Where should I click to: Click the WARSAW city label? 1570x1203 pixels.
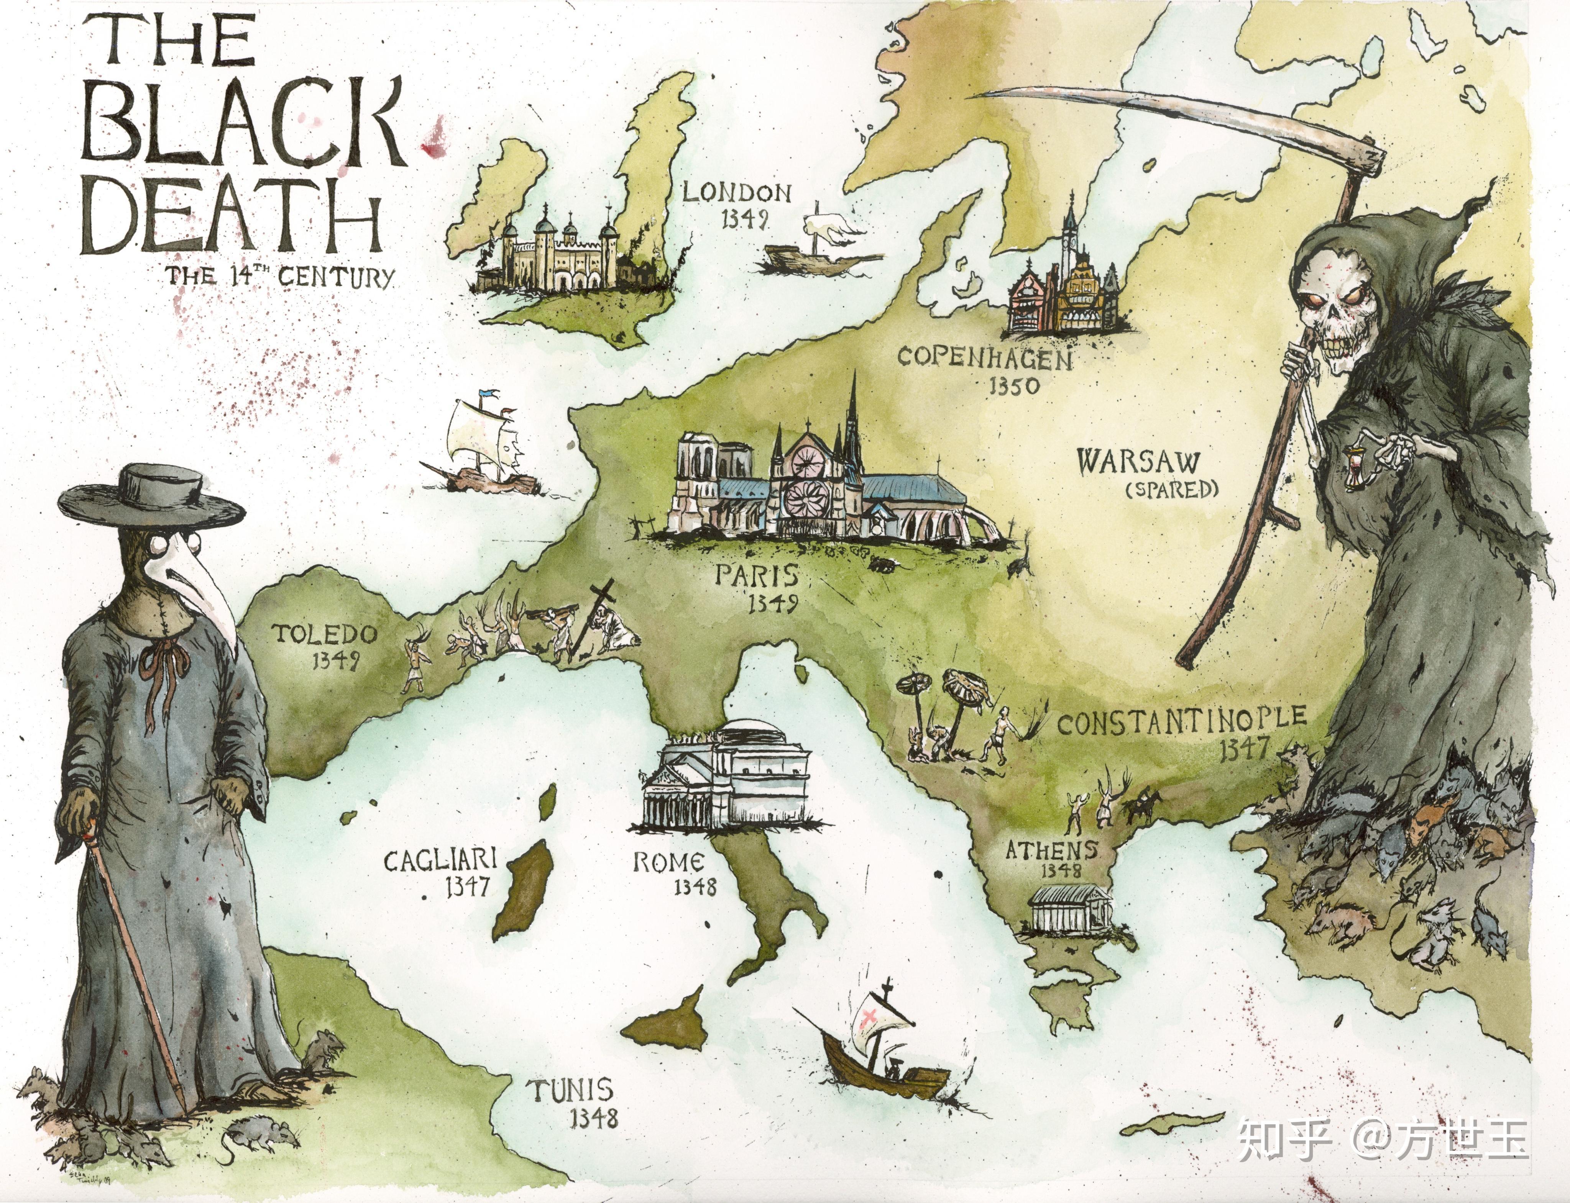click(1137, 462)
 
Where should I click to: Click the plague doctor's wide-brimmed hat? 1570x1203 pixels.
click(152, 494)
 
